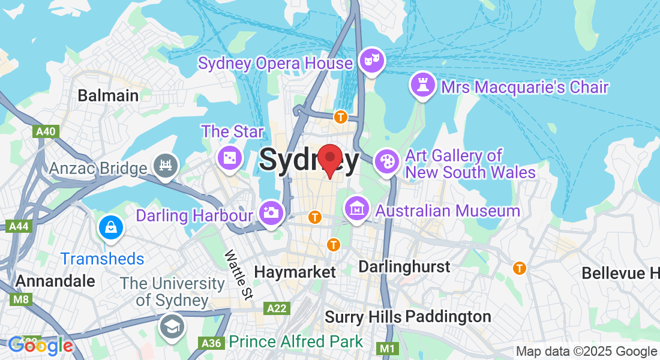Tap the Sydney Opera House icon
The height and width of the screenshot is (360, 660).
click(x=372, y=60)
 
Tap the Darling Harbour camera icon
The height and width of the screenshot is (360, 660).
click(x=271, y=212)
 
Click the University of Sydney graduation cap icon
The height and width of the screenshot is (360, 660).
click(x=172, y=326)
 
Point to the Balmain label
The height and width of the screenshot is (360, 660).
click(x=108, y=95)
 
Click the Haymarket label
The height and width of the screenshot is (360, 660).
click(x=295, y=272)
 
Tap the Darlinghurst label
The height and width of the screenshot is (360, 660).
click(x=404, y=266)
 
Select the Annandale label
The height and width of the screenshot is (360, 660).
click(x=55, y=281)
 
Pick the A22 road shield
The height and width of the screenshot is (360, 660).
click(x=277, y=308)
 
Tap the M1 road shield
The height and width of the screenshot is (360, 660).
click(x=387, y=348)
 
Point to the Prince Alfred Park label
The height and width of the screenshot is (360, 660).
click(x=296, y=342)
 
